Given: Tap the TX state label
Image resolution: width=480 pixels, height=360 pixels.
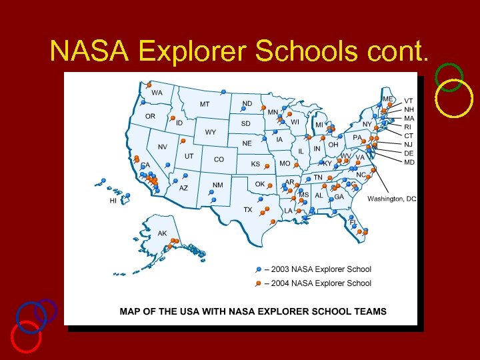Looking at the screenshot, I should pos(248,210).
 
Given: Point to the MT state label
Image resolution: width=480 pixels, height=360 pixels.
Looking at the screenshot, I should pos(205,104).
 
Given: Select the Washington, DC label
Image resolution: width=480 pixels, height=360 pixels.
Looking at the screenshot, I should pos(392,199).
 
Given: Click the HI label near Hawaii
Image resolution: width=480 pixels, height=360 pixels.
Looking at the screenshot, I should pos(113,201).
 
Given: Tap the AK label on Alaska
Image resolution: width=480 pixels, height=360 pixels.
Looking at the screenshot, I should pos(162,234).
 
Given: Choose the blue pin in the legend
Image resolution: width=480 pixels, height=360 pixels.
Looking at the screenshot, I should pos(259,270).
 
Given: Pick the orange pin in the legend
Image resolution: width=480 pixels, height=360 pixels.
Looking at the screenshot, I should pos(259,284).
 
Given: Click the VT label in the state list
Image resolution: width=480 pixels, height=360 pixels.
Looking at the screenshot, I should pos(409,101).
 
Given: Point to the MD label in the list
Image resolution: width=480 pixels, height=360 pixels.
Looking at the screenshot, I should pos(409,162).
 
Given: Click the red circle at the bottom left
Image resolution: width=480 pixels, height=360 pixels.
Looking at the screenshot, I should pos(26,336).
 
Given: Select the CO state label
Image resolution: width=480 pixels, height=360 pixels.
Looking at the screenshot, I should pos(219,159).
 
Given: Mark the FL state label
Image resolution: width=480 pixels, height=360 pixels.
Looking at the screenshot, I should pos(353,223).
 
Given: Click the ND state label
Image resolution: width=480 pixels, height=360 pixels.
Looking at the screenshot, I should pos(247,104).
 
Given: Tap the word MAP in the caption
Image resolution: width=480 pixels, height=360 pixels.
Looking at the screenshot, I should pos(131,311).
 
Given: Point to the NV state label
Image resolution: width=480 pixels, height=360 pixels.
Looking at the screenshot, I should pos(163,147).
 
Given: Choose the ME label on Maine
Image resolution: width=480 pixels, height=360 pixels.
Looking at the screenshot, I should pos(387,99).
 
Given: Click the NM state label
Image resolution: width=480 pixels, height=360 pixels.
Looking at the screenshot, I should pos(218,185).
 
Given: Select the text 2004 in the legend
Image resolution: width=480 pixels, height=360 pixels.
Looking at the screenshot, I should pos(281,283).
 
